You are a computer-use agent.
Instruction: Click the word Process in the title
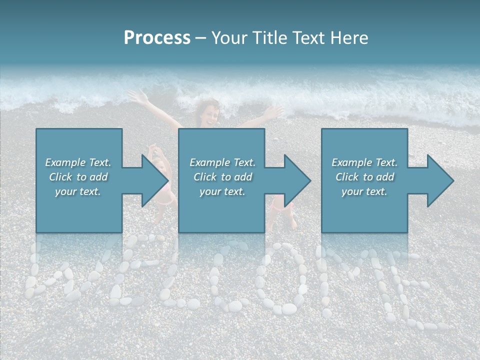pos(157,38)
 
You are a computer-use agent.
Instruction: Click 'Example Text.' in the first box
pos(78,162)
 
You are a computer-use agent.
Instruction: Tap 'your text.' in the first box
pos(78,191)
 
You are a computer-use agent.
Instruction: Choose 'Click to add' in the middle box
pos(222,177)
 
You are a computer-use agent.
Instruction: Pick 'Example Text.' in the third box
pos(364,162)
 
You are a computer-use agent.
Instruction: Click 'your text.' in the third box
pos(364,191)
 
